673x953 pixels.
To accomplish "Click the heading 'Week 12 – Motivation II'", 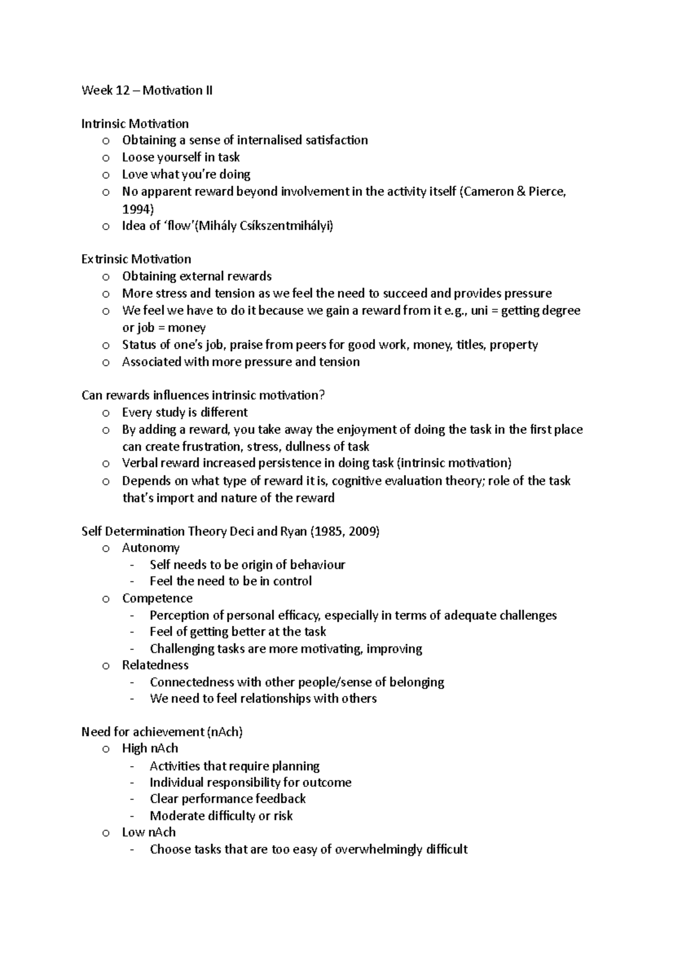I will click(147, 90).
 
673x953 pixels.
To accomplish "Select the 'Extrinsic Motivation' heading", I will click(136, 259).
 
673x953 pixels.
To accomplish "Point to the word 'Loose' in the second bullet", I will click(138, 157).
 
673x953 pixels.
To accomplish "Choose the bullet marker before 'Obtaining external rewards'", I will click(105, 277).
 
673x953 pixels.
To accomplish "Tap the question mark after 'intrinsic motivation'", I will click(321, 395).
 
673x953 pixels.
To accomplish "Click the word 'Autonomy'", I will click(151, 548).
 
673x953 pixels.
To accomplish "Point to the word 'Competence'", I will click(157, 598).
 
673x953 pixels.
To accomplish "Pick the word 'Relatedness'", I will click(155, 665).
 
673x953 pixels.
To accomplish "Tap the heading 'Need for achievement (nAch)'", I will click(162, 732).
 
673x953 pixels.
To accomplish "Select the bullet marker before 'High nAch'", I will click(105, 749).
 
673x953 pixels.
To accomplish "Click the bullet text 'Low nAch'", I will click(149, 832).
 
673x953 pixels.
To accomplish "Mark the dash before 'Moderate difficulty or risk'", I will click(132, 816).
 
